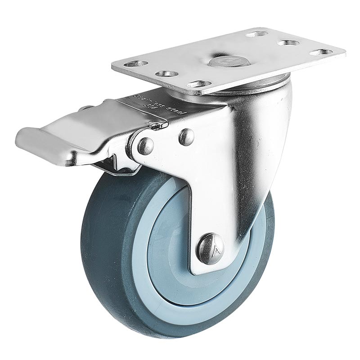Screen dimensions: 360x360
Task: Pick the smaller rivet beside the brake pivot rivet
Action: [186, 137]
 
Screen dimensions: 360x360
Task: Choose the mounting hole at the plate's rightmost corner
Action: [321, 52]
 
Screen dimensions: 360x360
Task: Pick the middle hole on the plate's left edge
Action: [166, 73]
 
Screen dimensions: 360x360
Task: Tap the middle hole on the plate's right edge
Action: [288, 43]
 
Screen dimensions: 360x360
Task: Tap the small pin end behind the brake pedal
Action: [85, 108]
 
